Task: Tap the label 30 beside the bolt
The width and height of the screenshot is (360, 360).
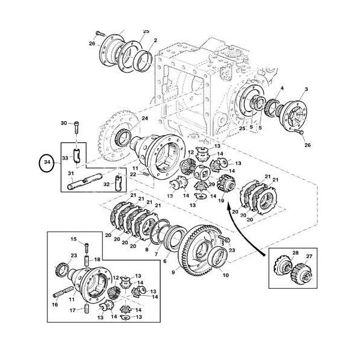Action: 65,123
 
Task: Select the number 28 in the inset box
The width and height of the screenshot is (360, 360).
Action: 295,253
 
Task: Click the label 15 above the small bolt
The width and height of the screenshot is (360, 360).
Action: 74,239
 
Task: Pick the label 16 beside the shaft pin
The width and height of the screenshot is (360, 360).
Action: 55,305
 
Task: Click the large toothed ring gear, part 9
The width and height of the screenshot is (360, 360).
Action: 195,243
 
